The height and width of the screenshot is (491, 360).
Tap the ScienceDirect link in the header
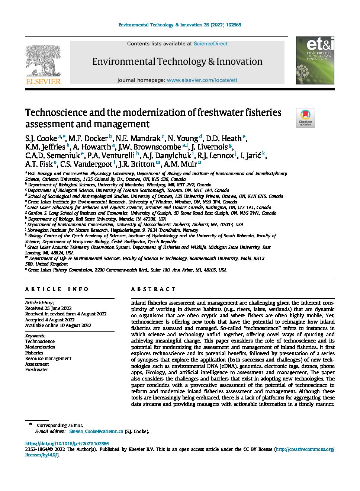(x=210, y=44)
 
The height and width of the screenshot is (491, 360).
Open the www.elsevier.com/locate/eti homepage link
(x=202, y=80)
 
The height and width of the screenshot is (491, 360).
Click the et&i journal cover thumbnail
(x=315, y=60)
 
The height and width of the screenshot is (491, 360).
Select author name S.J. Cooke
(x=41, y=139)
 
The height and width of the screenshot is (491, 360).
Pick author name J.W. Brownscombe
(x=150, y=147)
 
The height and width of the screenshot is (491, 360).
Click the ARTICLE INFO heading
(x=57, y=289)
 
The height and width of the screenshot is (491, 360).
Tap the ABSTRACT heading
(x=153, y=289)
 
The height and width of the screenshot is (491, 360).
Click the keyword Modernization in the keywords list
(x=40, y=347)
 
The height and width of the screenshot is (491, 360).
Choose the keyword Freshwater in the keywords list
(x=36, y=370)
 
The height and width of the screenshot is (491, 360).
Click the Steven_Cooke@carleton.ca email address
(x=96, y=431)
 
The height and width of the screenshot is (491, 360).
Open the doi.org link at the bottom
(x=67, y=444)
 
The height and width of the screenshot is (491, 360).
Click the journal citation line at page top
(x=180, y=25)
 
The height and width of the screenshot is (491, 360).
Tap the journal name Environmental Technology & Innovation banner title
(x=177, y=61)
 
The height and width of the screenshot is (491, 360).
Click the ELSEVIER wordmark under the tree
(x=43, y=81)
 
